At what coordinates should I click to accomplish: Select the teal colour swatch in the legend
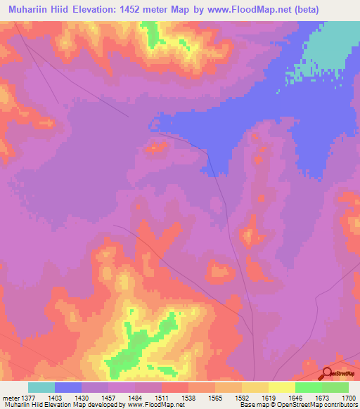[x=41, y=387]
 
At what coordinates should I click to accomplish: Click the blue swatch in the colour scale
[x=68, y=387]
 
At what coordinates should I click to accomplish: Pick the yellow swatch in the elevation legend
[x=282, y=387]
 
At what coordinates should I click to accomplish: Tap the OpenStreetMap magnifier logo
[x=327, y=374]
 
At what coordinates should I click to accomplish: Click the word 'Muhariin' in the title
[x=27, y=10]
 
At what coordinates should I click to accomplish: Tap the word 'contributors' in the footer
[x=340, y=405]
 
